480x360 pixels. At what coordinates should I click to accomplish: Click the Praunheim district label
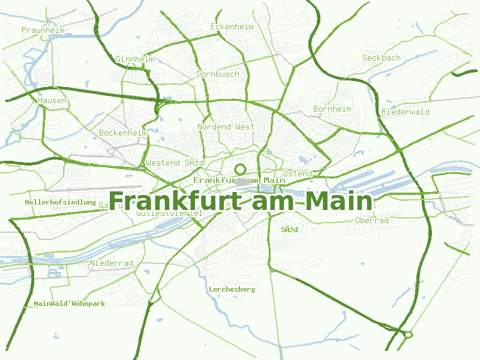pyautogui.click(x=42, y=29)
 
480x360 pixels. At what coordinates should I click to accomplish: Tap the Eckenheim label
pyautogui.click(x=232, y=27)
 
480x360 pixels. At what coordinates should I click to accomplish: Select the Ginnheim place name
pyautogui.click(x=135, y=59)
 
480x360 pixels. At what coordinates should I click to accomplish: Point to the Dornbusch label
pyautogui.click(x=218, y=74)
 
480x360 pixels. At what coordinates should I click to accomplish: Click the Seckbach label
pyautogui.click(x=382, y=58)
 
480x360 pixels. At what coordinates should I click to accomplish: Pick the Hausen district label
pyautogui.click(x=52, y=101)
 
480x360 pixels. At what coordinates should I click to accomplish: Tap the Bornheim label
pyautogui.click(x=332, y=109)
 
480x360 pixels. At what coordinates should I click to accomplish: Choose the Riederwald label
pyautogui.click(x=406, y=112)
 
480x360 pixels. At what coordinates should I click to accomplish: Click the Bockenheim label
pyautogui.click(x=123, y=133)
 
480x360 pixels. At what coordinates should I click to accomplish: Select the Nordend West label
pyautogui.click(x=226, y=127)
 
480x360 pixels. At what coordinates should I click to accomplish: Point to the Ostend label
pyautogui.click(x=297, y=174)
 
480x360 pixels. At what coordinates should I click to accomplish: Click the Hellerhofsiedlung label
pyautogui.click(x=61, y=203)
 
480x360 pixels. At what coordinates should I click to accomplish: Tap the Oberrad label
pyautogui.click(x=372, y=221)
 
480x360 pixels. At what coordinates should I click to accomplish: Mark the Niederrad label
pyautogui.click(x=112, y=263)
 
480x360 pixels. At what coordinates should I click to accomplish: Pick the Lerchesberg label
pyautogui.click(x=232, y=290)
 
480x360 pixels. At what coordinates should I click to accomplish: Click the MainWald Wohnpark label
pyautogui.click(x=70, y=304)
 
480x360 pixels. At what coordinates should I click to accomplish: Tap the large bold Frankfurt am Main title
pyautogui.click(x=241, y=200)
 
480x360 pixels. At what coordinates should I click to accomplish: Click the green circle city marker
pyautogui.click(x=241, y=170)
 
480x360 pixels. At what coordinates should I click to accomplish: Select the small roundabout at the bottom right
pyautogui.click(x=409, y=334)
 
